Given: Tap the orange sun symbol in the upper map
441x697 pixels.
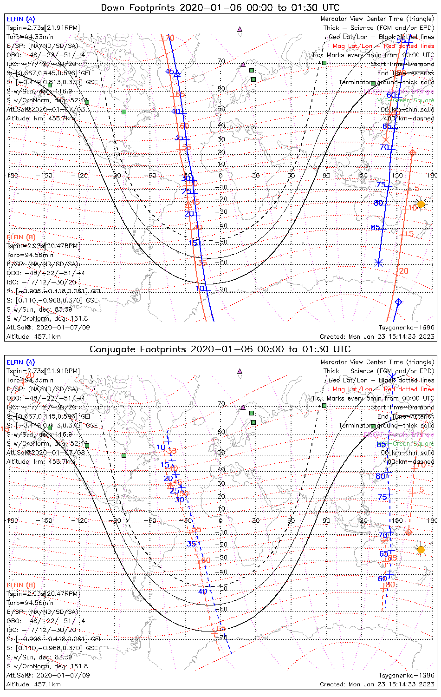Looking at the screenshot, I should [x=421, y=204].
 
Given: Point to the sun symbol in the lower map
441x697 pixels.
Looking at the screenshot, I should [x=421, y=550].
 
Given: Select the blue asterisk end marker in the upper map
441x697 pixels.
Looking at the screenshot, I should [x=378, y=263].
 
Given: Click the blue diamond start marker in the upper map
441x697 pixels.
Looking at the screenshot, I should [x=398, y=302].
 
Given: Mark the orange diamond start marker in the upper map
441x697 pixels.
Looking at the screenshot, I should [x=412, y=152].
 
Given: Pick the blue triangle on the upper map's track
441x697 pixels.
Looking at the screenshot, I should [x=177, y=73].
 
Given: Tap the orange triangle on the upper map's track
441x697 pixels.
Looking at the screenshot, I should [x=188, y=204].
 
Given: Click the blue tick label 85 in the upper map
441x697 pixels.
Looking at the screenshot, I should [x=375, y=228].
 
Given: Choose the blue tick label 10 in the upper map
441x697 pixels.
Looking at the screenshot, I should [x=199, y=289].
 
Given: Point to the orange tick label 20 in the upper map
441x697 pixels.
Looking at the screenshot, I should [x=404, y=271].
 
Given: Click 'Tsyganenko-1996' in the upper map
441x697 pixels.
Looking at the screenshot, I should [x=406, y=328].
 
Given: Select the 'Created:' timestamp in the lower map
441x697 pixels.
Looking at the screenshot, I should [x=377, y=684].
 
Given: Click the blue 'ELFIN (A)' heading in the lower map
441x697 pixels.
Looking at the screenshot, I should [x=20, y=362].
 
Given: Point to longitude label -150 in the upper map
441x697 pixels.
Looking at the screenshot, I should [x=46, y=176].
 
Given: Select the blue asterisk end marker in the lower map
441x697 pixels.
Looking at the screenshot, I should [x=392, y=378].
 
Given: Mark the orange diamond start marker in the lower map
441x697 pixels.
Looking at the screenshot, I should [x=409, y=532].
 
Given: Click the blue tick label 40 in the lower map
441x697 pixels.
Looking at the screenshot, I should [x=202, y=592].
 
